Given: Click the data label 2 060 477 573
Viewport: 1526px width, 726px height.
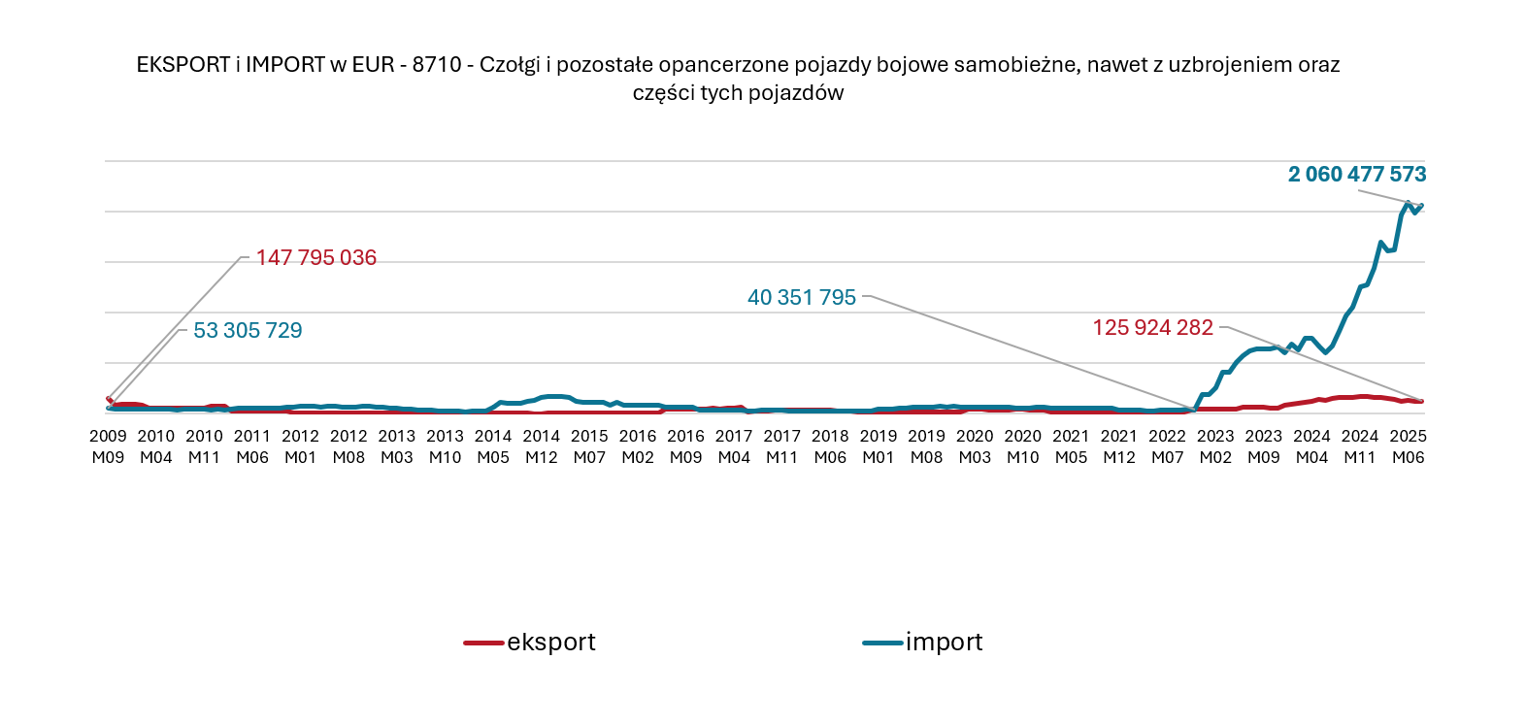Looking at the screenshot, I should [x=1356, y=175].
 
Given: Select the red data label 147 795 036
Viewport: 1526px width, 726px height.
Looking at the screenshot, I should [x=315, y=258].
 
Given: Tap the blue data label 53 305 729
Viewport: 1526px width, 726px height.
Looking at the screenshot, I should [x=248, y=331].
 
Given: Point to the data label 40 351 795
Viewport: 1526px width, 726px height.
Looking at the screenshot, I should [x=801, y=298].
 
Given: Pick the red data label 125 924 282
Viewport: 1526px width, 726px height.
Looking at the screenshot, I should [x=1152, y=328].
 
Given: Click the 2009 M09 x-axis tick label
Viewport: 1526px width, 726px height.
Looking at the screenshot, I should [x=108, y=446].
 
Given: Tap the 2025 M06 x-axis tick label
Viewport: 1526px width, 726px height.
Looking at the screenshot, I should [x=1408, y=446].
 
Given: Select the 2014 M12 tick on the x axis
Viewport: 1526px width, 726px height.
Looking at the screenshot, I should [x=542, y=446].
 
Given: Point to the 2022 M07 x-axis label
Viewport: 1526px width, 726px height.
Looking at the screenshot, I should [x=1167, y=446].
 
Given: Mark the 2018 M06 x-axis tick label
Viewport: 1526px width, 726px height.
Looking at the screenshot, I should [x=830, y=446].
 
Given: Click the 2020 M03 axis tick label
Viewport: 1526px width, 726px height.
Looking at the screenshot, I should [x=975, y=446].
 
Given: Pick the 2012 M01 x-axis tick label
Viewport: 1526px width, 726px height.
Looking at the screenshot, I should [x=301, y=446].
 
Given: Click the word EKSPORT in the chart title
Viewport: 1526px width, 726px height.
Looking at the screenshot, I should [x=182, y=65].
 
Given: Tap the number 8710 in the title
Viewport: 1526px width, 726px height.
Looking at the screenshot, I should [x=437, y=65].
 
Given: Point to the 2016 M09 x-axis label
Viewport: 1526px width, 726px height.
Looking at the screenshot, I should [x=686, y=446].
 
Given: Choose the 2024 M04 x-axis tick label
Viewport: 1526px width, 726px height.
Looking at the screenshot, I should [x=1311, y=446].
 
